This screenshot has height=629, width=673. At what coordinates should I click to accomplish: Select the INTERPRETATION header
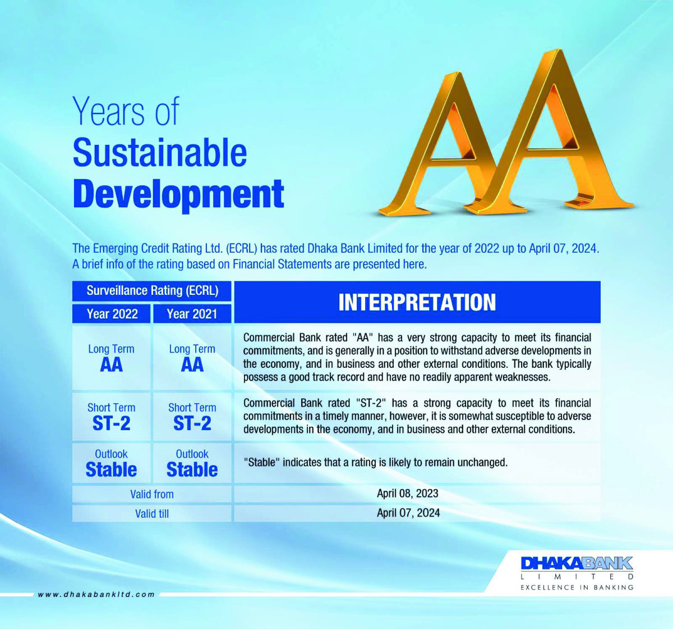click(x=417, y=302)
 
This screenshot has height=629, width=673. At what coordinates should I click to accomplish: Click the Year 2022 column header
click(x=112, y=313)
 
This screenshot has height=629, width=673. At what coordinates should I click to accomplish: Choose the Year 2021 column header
click(x=192, y=313)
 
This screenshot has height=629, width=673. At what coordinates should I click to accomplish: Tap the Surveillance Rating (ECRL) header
click(x=152, y=291)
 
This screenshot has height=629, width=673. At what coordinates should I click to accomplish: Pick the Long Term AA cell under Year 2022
click(x=112, y=358)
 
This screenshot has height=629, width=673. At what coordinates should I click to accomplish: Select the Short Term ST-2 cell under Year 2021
click(x=192, y=417)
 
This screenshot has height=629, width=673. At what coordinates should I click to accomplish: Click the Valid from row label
click(x=152, y=494)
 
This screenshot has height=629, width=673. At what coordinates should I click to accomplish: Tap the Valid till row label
click(x=152, y=513)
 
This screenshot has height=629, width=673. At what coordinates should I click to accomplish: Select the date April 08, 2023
click(x=408, y=493)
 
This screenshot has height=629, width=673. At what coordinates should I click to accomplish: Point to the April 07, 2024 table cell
click(x=417, y=513)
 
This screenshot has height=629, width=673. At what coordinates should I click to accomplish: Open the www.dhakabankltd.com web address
click(x=96, y=594)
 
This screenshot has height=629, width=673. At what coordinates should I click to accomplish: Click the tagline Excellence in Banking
click(x=577, y=587)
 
